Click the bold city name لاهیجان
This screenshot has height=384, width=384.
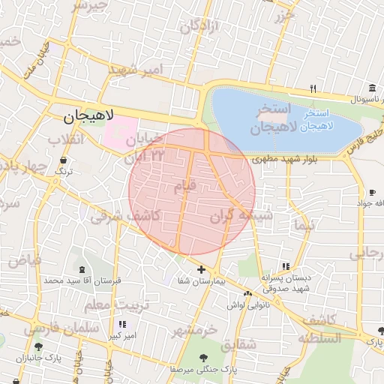pos(88,116)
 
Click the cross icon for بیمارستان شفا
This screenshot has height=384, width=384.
pos(201,269)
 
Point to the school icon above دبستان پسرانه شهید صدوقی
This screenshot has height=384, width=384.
pos(285,266)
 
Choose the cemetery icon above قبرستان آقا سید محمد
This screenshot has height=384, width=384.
pos(81,269)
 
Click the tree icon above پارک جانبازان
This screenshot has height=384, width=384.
pos(38,346)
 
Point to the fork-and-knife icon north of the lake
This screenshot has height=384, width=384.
pos(313,88)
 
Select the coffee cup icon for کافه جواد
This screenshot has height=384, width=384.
pos(372,193)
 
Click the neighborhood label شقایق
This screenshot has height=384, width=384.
pos(239,344)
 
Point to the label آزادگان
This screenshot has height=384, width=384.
pos(199,27)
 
